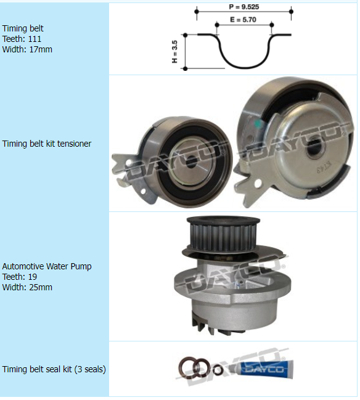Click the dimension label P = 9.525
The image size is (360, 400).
pos(244,7)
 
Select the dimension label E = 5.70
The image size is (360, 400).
pos(243,20)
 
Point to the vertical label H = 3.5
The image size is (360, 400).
pos(174,52)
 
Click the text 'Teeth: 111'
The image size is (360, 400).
pos(22,39)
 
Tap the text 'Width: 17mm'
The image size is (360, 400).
pos(27,49)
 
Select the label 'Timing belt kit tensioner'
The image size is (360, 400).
pos(47,144)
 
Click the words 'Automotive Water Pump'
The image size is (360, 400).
pos(47,266)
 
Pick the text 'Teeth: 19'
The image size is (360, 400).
pos(19,277)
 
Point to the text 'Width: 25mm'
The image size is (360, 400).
pos(27,287)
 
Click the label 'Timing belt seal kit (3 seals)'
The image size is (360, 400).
pos(54,369)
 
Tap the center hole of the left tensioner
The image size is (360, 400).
pos(191,161)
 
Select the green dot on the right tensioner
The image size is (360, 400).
pos(258,124)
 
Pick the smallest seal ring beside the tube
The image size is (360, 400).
pos(218,370)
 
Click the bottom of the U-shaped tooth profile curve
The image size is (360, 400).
pos(245,68)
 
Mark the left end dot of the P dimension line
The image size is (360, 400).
pos(197,12)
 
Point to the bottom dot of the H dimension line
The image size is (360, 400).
pos(186,68)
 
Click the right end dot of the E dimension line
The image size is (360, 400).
pos(272,25)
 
